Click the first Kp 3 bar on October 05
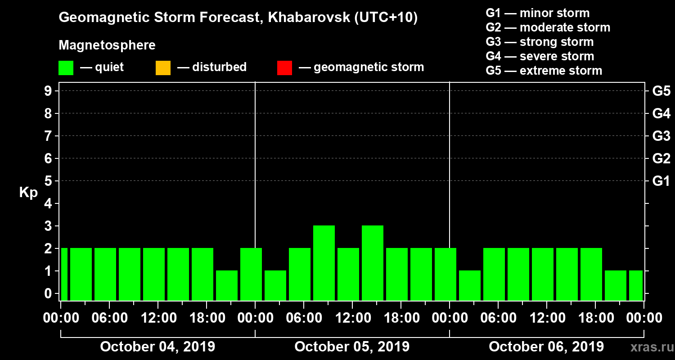tap(324, 263)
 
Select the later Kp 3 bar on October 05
tap(373, 263)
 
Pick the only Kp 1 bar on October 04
tap(227, 285)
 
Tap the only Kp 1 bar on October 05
tap(275, 285)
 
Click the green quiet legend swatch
tap(66, 68)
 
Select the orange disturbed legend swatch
tap(163, 68)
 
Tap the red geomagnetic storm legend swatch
tap(284, 68)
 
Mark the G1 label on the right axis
tap(661, 181)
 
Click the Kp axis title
tap(28, 192)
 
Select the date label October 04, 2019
tap(157, 347)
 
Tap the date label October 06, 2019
tap(546, 347)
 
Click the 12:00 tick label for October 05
tap(352, 318)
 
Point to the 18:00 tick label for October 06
tap(595, 318)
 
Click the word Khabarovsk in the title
tap(303, 18)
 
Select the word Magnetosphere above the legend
tap(107, 45)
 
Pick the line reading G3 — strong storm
tap(540, 42)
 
